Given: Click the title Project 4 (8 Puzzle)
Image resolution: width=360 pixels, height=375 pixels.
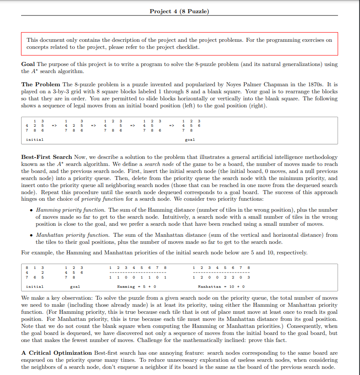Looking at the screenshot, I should pyautogui.click(x=180, y=11).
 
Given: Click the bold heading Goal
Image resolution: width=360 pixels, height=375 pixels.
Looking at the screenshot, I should pyautogui.click(x=28, y=64).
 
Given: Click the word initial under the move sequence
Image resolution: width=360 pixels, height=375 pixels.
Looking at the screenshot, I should pyautogui.click(x=35, y=140).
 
